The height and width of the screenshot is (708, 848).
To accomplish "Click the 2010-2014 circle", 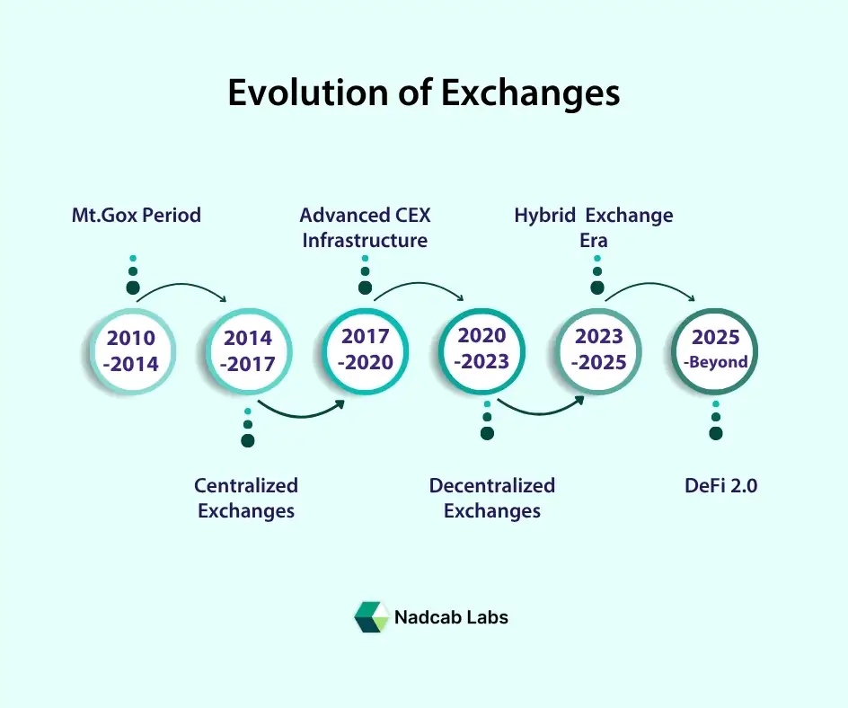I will pos(132,351).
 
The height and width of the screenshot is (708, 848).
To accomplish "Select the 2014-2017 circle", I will pos(248,351).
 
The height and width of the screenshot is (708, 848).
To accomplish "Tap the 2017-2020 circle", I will pos(365,350).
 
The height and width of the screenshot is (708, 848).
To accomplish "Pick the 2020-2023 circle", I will pos(482,349).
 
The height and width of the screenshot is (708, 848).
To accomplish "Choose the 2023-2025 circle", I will pos(599,350).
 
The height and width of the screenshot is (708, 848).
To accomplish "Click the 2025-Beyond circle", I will pos(716,350).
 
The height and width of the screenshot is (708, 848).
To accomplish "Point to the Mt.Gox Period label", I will pos(137,216).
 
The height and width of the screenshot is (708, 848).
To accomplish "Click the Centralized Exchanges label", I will pos(246,499).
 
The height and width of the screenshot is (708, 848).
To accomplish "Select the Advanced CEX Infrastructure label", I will pos(365,228).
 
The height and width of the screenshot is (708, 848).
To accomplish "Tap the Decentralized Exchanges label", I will pos(492,499).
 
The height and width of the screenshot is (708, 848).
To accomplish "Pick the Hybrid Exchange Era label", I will pos(594,228).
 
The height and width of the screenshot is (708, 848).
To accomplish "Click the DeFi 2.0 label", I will pos(720,486).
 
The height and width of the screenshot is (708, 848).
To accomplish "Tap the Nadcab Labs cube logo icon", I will pos(371,617).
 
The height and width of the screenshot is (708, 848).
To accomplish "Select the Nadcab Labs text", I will pos(452,617).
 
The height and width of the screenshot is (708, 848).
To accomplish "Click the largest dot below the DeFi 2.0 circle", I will pos(716,434).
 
